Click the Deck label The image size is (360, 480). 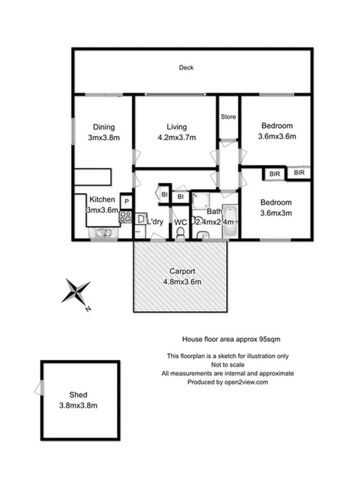click(185, 68)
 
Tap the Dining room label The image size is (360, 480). click(103, 126)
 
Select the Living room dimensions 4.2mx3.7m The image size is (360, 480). click(177, 137)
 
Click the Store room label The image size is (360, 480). click(228, 117)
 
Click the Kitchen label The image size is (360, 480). click(102, 200)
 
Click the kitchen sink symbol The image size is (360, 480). click(103, 233)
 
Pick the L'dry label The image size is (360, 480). click(154, 221)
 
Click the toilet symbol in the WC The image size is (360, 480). click(180, 235)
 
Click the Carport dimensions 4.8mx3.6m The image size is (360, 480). click(180, 281)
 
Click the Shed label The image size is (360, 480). click(78, 395)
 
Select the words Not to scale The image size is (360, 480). click(227, 364)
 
